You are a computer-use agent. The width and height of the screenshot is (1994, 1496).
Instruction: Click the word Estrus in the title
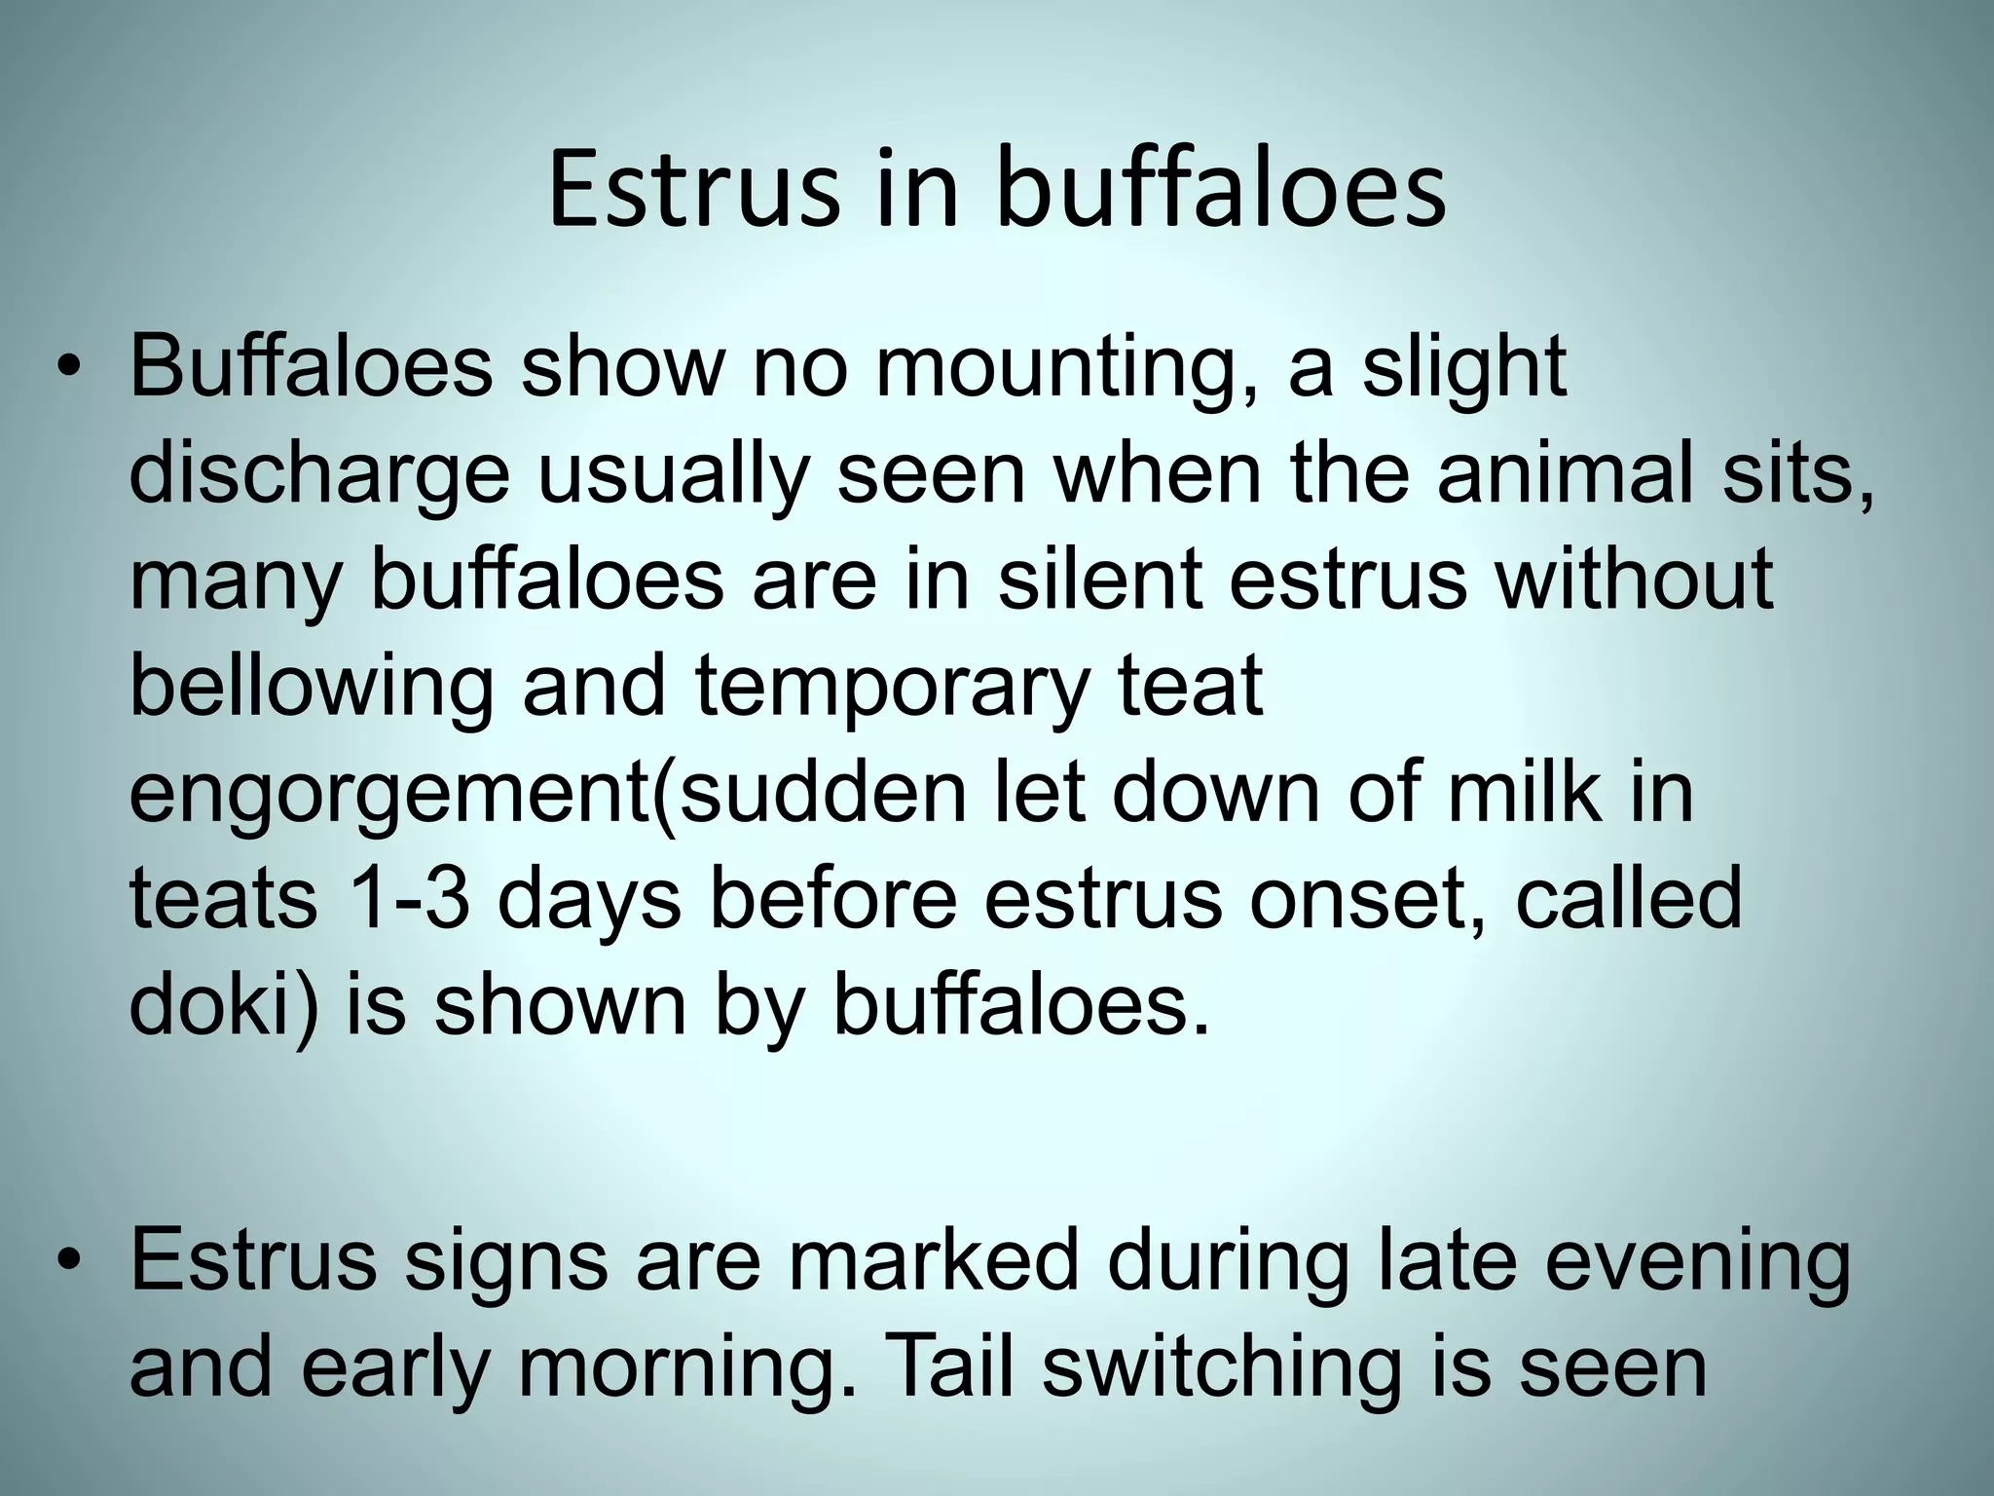(692, 190)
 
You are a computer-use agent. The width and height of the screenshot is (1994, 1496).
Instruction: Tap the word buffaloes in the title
(1221, 190)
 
